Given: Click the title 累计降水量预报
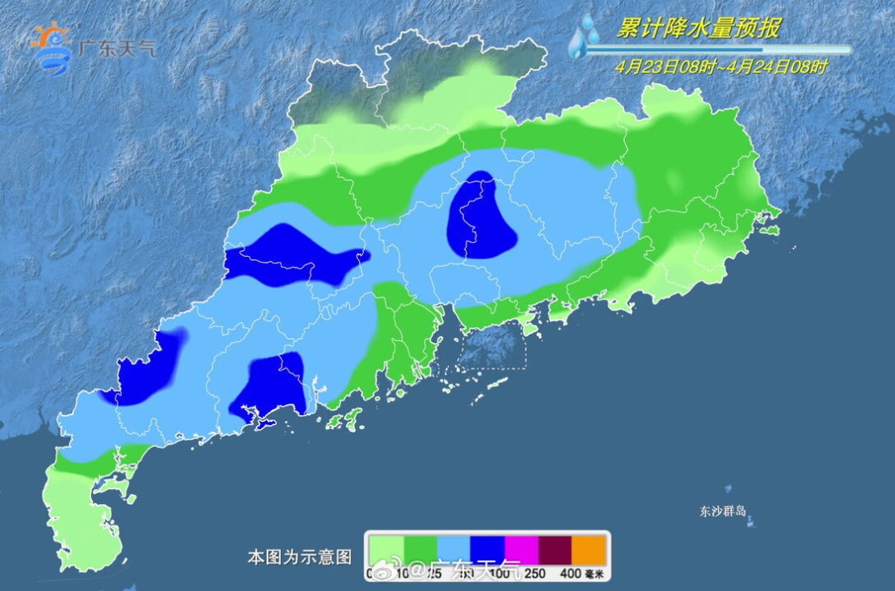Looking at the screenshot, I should pos(698,29).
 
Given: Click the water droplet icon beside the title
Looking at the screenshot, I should pos(584,37).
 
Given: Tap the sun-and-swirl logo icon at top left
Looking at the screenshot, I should pos(51,48).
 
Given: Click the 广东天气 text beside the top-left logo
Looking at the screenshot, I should pos(116,48).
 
